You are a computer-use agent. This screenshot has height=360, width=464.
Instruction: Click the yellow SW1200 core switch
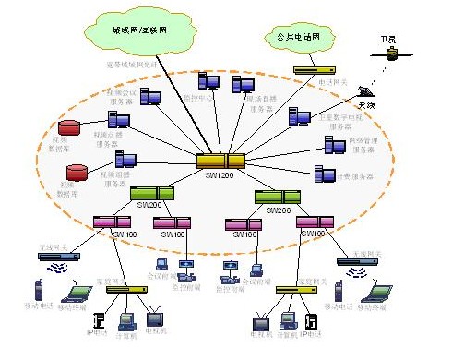coord(221,161)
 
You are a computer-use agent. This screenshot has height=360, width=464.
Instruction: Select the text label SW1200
coord(220,174)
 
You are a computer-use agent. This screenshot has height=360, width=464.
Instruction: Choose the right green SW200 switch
coord(277,197)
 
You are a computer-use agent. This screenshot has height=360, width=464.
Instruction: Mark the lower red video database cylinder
coord(77,172)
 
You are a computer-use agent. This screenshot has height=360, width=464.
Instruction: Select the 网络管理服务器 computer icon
coord(335,144)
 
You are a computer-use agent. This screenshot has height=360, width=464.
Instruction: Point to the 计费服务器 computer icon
coord(326,174)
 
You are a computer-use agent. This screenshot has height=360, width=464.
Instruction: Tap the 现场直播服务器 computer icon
coord(244,86)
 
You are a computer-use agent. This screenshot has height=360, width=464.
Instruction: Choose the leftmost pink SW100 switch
coord(112,222)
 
